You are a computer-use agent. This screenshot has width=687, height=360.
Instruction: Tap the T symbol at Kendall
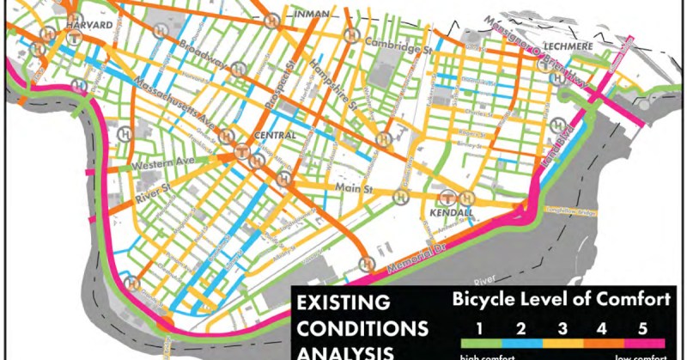coord(447,198)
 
